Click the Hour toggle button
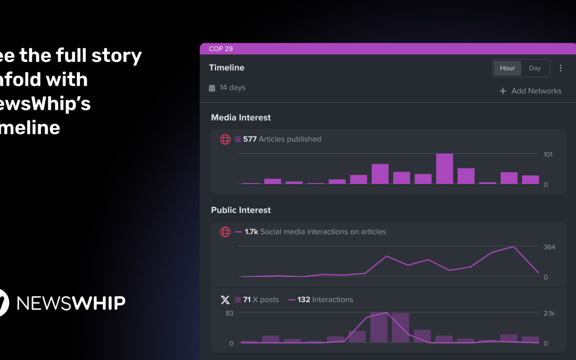[507, 68]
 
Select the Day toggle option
[535, 68]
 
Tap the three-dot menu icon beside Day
[561, 68]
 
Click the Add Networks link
[530, 91]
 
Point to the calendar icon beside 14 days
[212, 88]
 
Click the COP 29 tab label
[221, 49]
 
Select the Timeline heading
[227, 68]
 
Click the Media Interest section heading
[241, 117]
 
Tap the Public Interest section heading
[241, 210]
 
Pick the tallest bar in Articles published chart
[444, 169]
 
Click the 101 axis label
[548, 155]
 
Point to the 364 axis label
[549, 247]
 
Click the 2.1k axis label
[549, 314]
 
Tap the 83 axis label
[229, 314]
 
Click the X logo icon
[225, 300]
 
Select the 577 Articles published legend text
[282, 139]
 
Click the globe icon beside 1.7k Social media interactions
[225, 232]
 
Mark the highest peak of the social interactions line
[513, 247]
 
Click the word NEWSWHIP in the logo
[71, 303]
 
